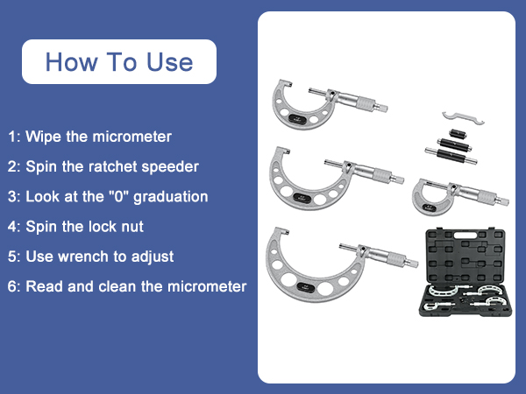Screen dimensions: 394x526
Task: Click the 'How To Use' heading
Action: (x=118, y=62)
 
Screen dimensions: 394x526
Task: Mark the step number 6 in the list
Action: (x=12, y=286)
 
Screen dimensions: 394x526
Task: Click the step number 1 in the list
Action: (x=12, y=137)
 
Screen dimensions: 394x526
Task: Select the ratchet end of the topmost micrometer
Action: (x=381, y=106)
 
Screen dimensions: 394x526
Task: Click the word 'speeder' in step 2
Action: (x=174, y=166)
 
